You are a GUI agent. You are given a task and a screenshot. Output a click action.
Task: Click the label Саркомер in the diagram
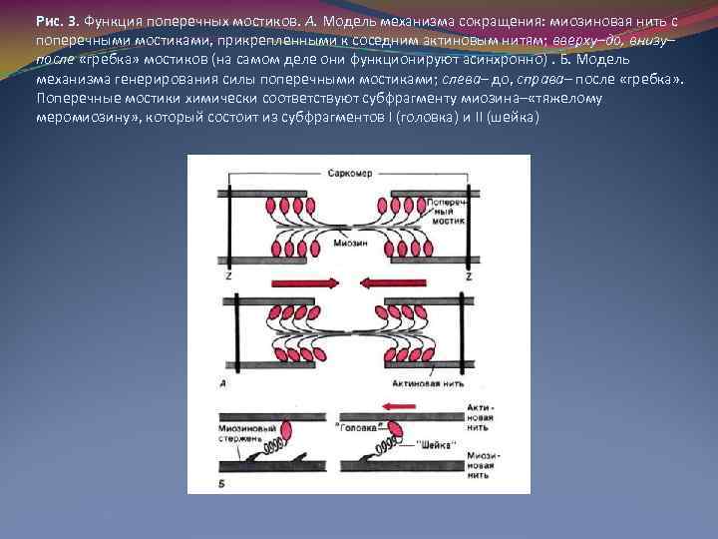click(x=348, y=172)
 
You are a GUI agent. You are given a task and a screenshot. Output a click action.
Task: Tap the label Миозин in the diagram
click(x=346, y=243)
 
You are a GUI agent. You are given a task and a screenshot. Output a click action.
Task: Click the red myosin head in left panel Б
click(x=284, y=432)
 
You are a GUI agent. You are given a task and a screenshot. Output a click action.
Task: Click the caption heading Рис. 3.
click(x=56, y=20)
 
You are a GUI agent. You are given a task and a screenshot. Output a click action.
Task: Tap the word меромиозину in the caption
click(x=84, y=117)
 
